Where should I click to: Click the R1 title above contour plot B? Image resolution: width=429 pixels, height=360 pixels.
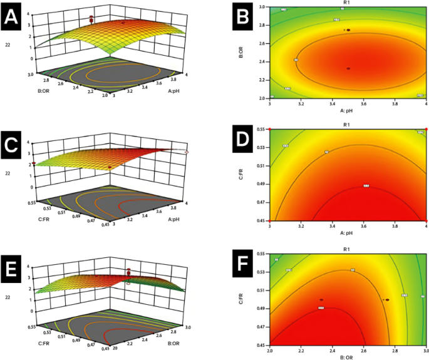point(348,3)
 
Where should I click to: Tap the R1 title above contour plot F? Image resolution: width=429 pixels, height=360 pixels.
point(348,250)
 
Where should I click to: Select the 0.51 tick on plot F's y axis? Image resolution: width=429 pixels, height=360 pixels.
point(262,291)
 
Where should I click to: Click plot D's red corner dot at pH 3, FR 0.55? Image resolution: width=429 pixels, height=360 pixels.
point(269,129)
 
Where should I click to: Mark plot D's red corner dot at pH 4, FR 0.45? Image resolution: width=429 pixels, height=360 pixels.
point(426,221)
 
